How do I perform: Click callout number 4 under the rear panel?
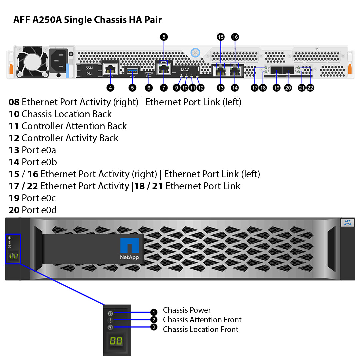click(x=110, y=88)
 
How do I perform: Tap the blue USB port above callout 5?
click(x=133, y=70)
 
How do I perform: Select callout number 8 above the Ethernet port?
click(x=164, y=37)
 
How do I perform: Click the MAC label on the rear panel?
click(x=185, y=70)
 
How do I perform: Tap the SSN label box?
click(x=89, y=68)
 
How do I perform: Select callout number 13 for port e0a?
click(x=221, y=88)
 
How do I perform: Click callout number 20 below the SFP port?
click(x=288, y=88)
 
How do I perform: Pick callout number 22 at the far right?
click(x=310, y=88)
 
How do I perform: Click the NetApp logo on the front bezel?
click(x=130, y=249)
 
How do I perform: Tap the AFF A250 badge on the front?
click(x=347, y=223)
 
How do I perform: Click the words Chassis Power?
click(x=187, y=310)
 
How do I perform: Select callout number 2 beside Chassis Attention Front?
click(x=153, y=320)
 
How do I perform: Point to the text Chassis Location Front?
click(x=201, y=329)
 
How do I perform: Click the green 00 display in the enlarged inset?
click(x=116, y=341)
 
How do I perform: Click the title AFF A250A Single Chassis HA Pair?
click(x=87, y=20)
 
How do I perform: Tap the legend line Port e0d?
click(x=33, y=210)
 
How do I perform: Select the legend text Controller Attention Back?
click(x=68, y=126)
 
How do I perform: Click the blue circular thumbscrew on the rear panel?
click(x=195, y=52)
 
